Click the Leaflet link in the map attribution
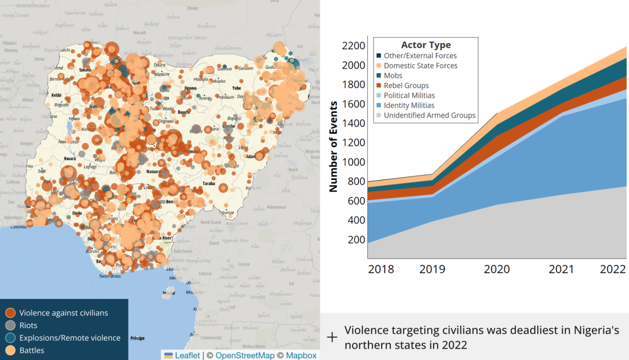pos(187,355)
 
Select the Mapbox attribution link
pos(301,355)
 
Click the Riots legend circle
pos(10,325)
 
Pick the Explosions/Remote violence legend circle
pos(10,338)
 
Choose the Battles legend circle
pos(10,350)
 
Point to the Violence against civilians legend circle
pos(10,313)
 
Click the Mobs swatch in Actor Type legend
pos(379,75)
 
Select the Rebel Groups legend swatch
pos(379,86)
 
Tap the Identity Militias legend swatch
pos(379,105)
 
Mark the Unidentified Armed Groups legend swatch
pos(379,115)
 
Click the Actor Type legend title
pos(426,45)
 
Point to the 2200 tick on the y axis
pos(353,46)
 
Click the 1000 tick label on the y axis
pos(353,162)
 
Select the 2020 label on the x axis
pos(496,269)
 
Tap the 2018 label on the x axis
pos(380,269)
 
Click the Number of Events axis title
pos(334,146)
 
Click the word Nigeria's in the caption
pos(590,330)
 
